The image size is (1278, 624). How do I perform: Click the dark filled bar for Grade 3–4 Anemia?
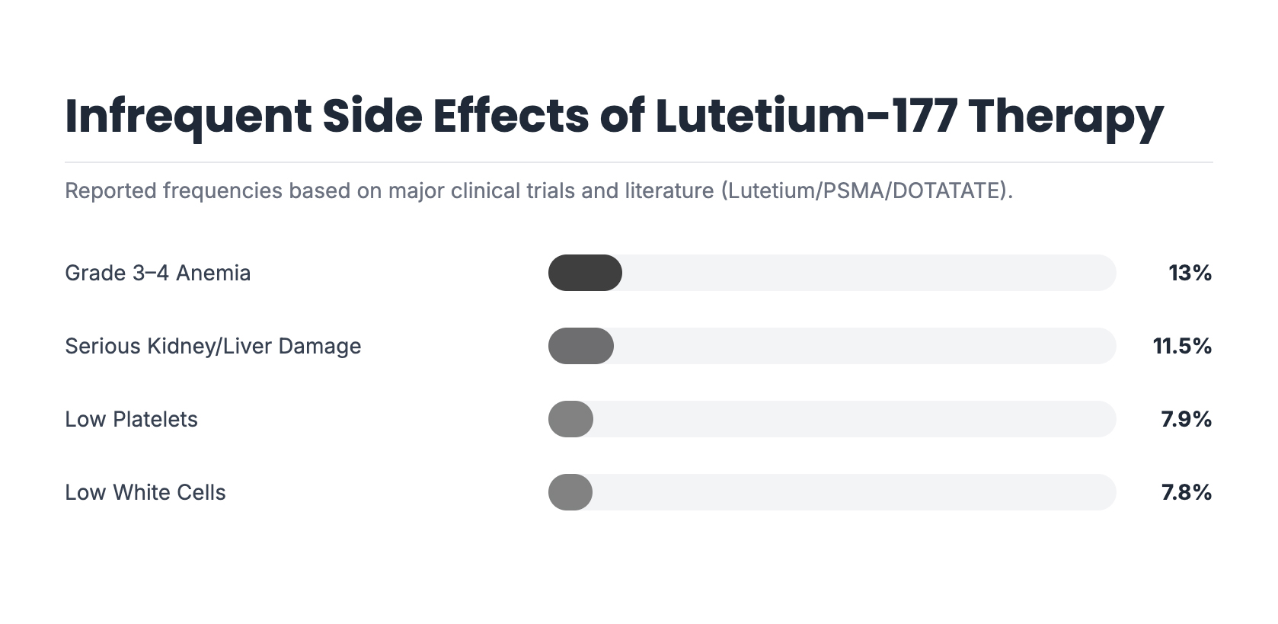585,273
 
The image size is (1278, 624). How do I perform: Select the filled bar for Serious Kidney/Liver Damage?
580,346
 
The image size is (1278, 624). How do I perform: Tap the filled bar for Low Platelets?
570,419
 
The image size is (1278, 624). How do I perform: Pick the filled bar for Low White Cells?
570,492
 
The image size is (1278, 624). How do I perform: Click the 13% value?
1190,273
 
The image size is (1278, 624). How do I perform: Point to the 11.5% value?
1182,346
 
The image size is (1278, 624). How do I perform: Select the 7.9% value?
1186,419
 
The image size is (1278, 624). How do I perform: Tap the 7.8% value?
1186,492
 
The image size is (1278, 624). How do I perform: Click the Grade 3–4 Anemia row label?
158,273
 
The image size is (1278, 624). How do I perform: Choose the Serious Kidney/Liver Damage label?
213,346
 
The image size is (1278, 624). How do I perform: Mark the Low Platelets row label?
131,419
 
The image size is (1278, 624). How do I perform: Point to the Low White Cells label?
145,492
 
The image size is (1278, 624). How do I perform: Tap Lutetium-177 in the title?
806,116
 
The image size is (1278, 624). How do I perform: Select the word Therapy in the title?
1066,116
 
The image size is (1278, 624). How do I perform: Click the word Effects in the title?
510,116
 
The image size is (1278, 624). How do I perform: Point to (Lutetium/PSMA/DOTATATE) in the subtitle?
866,190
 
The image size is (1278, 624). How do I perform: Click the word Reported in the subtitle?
111,190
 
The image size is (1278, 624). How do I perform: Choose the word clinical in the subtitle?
485,190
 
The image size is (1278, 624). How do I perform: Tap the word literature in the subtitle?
669,190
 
